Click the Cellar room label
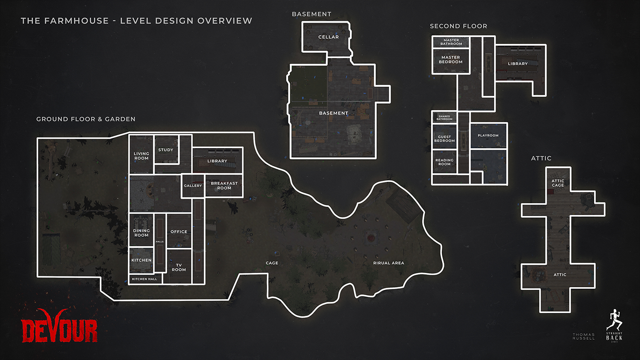point(328,37)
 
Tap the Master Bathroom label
point(451,42)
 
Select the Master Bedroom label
point(451,60)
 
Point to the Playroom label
point(488,135)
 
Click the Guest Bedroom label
point(444,139)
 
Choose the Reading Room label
point(444,162)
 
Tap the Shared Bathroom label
point(444,118)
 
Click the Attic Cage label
point(558,183)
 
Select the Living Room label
point(141,156)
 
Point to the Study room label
point(166,150)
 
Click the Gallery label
point(193,185)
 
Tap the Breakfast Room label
point(224,185)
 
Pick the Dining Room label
point(141,233)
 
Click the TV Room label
point(179,267)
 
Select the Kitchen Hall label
point(144,279)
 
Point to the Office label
point(179,232)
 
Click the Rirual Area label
point(388,263)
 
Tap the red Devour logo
point(60,326)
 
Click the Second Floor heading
point(458,26)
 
